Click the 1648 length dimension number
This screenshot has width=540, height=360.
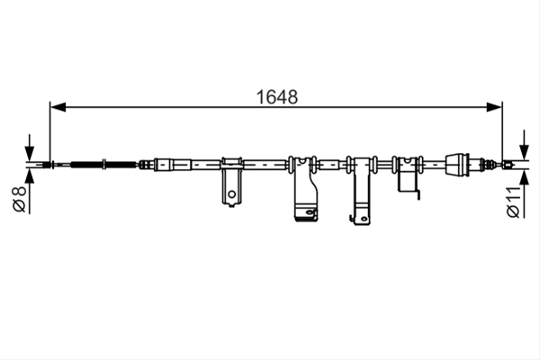pyautogui.click(x=277, y=97)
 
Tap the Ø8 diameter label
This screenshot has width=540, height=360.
pyautogui.click(x=19, y=199)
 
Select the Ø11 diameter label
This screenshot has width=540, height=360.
pyautogui.click(x=513, y=202)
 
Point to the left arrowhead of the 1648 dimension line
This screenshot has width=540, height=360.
pyautogui.click(x=58, y=107)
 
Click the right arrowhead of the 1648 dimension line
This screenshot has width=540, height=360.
pyautogui.click(x=494, y=107)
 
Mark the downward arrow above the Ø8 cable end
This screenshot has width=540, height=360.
pyautogui.click(x=30, y=148)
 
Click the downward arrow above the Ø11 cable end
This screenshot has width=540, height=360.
pyautogui.click(x=524, y=145)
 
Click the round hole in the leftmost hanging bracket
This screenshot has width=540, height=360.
pyautogui.click(x=232, y=194)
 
